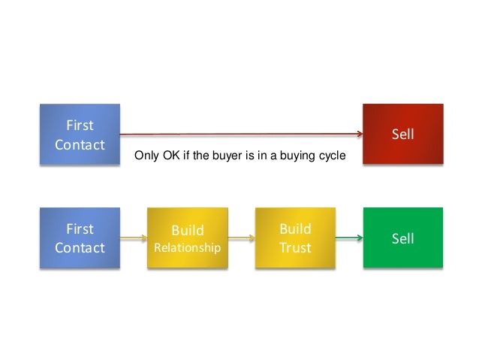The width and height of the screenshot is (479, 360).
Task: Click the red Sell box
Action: tap(403, 134)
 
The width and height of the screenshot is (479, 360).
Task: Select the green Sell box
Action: tap(403, 238)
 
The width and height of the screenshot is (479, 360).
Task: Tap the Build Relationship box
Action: tap(188, 238)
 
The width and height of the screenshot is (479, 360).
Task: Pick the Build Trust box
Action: tap(295, 238)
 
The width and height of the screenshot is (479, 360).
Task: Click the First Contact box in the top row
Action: tap(80, 134)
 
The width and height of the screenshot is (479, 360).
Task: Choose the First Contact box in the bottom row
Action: tap(80, 238)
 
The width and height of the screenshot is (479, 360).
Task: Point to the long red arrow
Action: tap(240, 134)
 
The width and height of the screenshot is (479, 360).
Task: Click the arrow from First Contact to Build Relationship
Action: tap(134, 239)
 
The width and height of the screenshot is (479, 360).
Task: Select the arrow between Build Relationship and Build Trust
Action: tap(241, 239)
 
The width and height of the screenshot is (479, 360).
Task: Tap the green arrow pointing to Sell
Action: tap(348, 239)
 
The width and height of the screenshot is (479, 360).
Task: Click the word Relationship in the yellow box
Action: tap(188, 247)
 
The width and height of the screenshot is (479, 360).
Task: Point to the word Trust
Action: tap(295, 247)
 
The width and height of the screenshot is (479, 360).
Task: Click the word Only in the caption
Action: tap(146, 157)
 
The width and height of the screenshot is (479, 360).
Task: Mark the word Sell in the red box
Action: tap(403, 135)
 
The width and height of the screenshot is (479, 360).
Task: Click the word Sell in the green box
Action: tap(403, 238)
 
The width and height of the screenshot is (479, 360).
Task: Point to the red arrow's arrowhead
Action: tap(359, 134)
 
